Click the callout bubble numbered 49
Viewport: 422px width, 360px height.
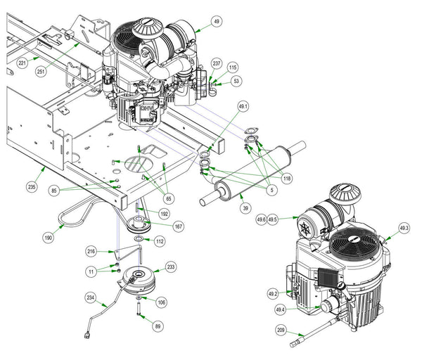click(x=217, y=21)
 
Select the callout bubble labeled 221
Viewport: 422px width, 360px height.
click(x=22, y=63)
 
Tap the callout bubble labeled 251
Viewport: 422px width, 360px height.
click(x=41, y=72)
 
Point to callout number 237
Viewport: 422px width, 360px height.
click(x=217, y=63)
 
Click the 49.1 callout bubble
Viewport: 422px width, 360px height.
click(x=243, y=107)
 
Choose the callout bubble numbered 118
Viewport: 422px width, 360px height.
click(x=287, y=179)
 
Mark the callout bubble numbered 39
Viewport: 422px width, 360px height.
click(x=245, y=208)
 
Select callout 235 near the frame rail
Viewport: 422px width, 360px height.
click(x=32, y=187)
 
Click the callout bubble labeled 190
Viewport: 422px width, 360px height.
click(x=49, y=238)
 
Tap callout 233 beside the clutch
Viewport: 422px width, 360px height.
click(x=171, y=267)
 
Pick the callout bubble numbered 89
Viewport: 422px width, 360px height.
click(x=158, y=326)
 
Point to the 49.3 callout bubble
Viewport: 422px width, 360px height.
click(x=404, y=229)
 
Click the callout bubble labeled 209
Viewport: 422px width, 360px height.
click(x=281, y=330)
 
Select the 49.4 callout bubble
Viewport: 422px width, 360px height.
click(x=280, y=309)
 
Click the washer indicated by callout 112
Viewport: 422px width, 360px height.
click(x=139, y=238)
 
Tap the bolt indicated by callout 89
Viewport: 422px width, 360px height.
click(x=139, y=309)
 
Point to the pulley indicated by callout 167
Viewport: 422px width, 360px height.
click(x=139, y=224)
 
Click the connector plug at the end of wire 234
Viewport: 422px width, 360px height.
click(x=87, y=335)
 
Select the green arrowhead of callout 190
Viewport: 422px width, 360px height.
click(x=63, y=226)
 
